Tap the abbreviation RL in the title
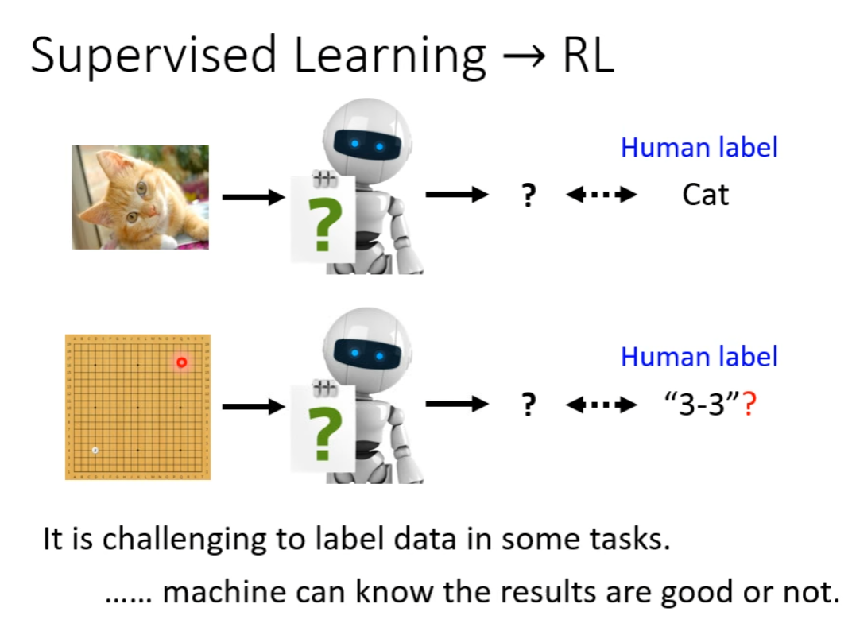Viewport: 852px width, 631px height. tap(588, 55)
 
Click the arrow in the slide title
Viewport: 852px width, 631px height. tap(524, 56)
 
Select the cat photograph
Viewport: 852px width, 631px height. tap(140, 197)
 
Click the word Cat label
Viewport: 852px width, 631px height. tap(705, 195)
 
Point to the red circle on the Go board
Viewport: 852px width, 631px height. tap(181, 362)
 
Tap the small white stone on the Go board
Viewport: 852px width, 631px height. tap(95, 450)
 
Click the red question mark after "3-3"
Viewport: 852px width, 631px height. tap(749, 405)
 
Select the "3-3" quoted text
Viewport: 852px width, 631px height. tap(703, 404)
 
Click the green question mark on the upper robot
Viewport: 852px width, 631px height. tap(325, 224)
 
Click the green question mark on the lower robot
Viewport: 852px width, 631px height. tap(325, 434)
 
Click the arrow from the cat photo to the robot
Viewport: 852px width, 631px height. tap(254, 197)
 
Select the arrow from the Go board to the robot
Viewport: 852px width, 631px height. tap(254, 406)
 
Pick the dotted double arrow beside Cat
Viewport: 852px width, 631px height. tap(601, 195)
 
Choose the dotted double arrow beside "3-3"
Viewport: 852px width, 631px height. tap(601, 405)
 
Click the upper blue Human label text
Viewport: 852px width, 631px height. tap(699, 147)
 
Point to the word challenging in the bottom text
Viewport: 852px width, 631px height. tap(184, 540)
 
